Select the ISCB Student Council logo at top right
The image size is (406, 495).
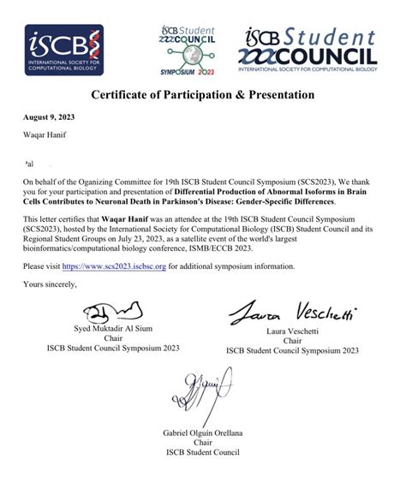pyautogui.click(x=310, y=50)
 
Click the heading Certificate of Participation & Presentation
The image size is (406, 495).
pyautogui.click(x=203, y=93)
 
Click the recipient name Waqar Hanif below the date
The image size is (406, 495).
pyautogui.click(x=47, y=135)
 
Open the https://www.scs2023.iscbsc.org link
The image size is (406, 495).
pyautogui.click(x=111, y=266)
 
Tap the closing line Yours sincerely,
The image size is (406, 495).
pyautogui.click(x=51, y=284)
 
